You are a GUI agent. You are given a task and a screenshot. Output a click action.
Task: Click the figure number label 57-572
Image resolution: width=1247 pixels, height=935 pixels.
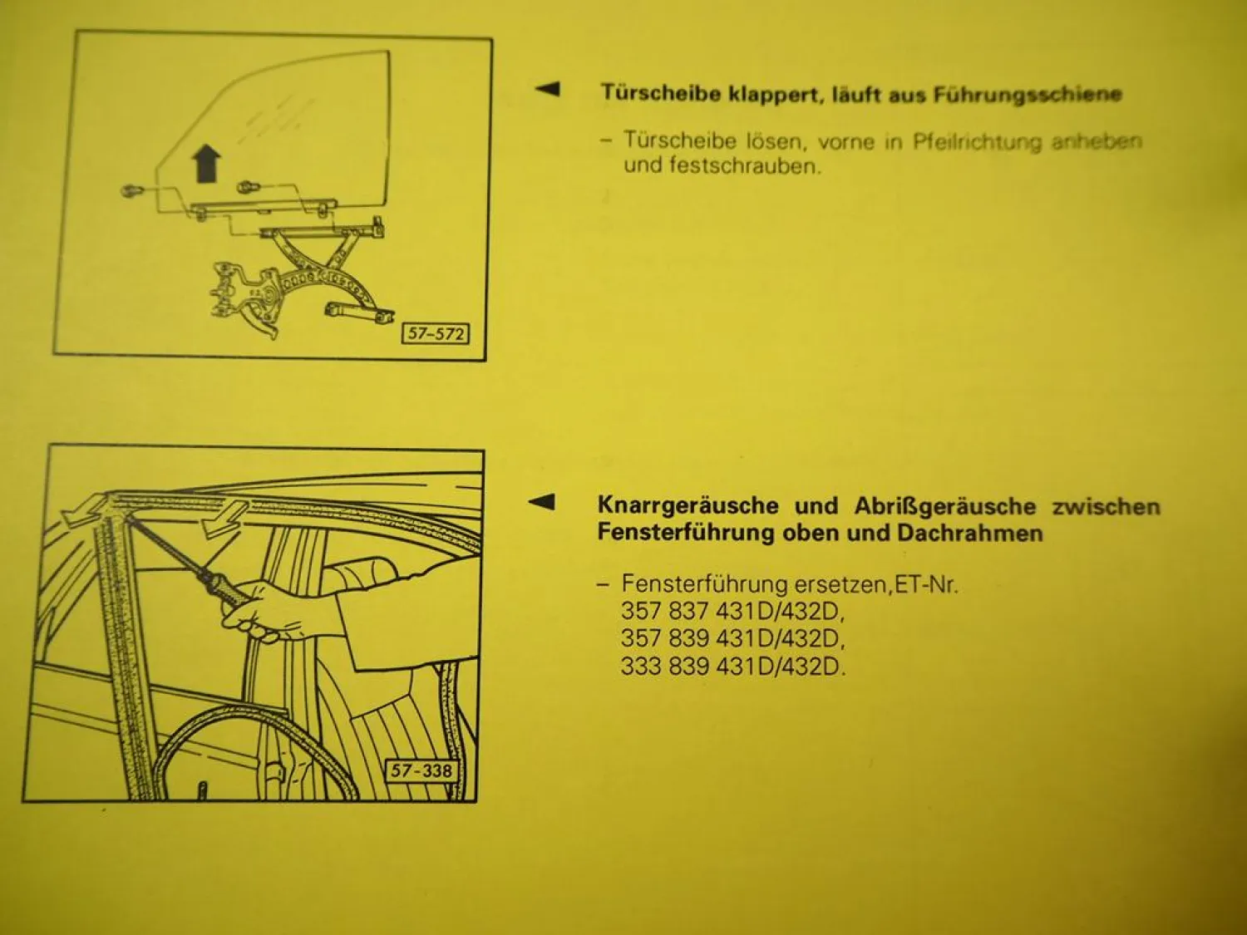click(x=436, y=334)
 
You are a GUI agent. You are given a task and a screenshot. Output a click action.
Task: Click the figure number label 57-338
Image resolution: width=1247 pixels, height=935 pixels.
click(x=421, y=770)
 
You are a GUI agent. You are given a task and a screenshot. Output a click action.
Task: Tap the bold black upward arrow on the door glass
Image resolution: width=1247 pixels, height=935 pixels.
click(x=206, y=163)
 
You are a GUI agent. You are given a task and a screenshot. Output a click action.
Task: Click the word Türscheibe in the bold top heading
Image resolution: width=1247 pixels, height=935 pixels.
click(x=660, y=92)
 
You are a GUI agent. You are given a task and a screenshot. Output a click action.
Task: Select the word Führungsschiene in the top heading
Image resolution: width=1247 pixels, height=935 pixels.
click(x=1027, y=94)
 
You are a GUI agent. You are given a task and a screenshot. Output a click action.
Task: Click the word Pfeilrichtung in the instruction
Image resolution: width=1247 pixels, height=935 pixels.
click(x=977, y=141)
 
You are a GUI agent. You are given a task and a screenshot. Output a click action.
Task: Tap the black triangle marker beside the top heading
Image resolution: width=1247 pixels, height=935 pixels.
click(x=547, y=89)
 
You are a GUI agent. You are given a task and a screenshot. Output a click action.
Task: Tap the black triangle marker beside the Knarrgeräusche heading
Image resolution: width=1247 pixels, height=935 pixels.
click(x=542, y=501)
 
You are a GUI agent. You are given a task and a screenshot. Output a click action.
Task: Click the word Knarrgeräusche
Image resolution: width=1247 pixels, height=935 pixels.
click(x=688, y=505)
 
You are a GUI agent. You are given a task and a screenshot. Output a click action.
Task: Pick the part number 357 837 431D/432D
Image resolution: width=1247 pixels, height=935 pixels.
click(x=732, y=612)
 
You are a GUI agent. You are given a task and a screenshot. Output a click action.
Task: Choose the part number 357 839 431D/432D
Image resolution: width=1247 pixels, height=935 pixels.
click(x=732, y=639)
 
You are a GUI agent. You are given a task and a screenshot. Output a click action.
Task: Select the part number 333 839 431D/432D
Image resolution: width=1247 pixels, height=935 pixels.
click(x=732, y=667)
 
